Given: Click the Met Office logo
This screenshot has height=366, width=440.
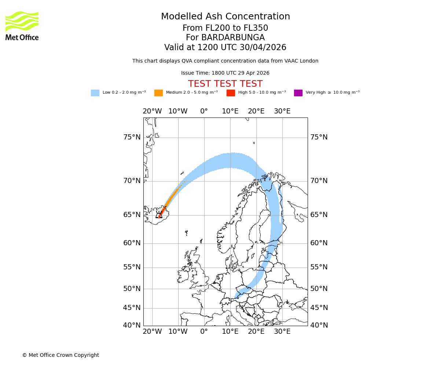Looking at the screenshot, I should [x=22, y=26].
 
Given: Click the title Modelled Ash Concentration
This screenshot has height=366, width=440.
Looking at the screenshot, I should [x=225, y=17].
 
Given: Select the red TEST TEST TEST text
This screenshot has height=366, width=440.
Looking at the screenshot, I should [x=225, y=84].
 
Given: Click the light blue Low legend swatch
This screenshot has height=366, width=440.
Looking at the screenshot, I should [x=95, y=93].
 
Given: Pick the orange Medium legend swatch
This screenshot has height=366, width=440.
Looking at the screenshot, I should [x=158, y=93].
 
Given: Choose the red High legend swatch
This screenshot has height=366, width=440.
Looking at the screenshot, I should [x=231, y=93].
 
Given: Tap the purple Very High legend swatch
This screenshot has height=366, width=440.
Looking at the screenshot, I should [x=298, y=93].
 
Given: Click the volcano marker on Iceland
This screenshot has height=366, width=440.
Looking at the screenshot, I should [x=159, y=216].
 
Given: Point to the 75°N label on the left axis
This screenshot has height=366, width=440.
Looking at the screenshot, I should [x=132, y=137].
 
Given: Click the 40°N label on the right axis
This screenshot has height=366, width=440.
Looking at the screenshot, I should [x=319, y=325].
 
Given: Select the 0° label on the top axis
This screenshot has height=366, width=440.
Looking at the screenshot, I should [x=204, y=111].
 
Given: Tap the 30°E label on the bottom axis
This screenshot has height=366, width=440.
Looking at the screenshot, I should [x=282, y=332].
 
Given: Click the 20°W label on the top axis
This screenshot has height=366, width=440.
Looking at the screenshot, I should [x=152, y=111].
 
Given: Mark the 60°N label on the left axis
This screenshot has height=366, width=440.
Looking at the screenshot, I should [x=132, y=243].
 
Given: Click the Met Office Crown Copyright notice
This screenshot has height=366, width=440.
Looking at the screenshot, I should [x=60, y=355].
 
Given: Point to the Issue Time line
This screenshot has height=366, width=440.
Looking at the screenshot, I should [x=225, y=73].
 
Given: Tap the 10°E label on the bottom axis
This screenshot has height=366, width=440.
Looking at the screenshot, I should [x=230, y=332].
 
